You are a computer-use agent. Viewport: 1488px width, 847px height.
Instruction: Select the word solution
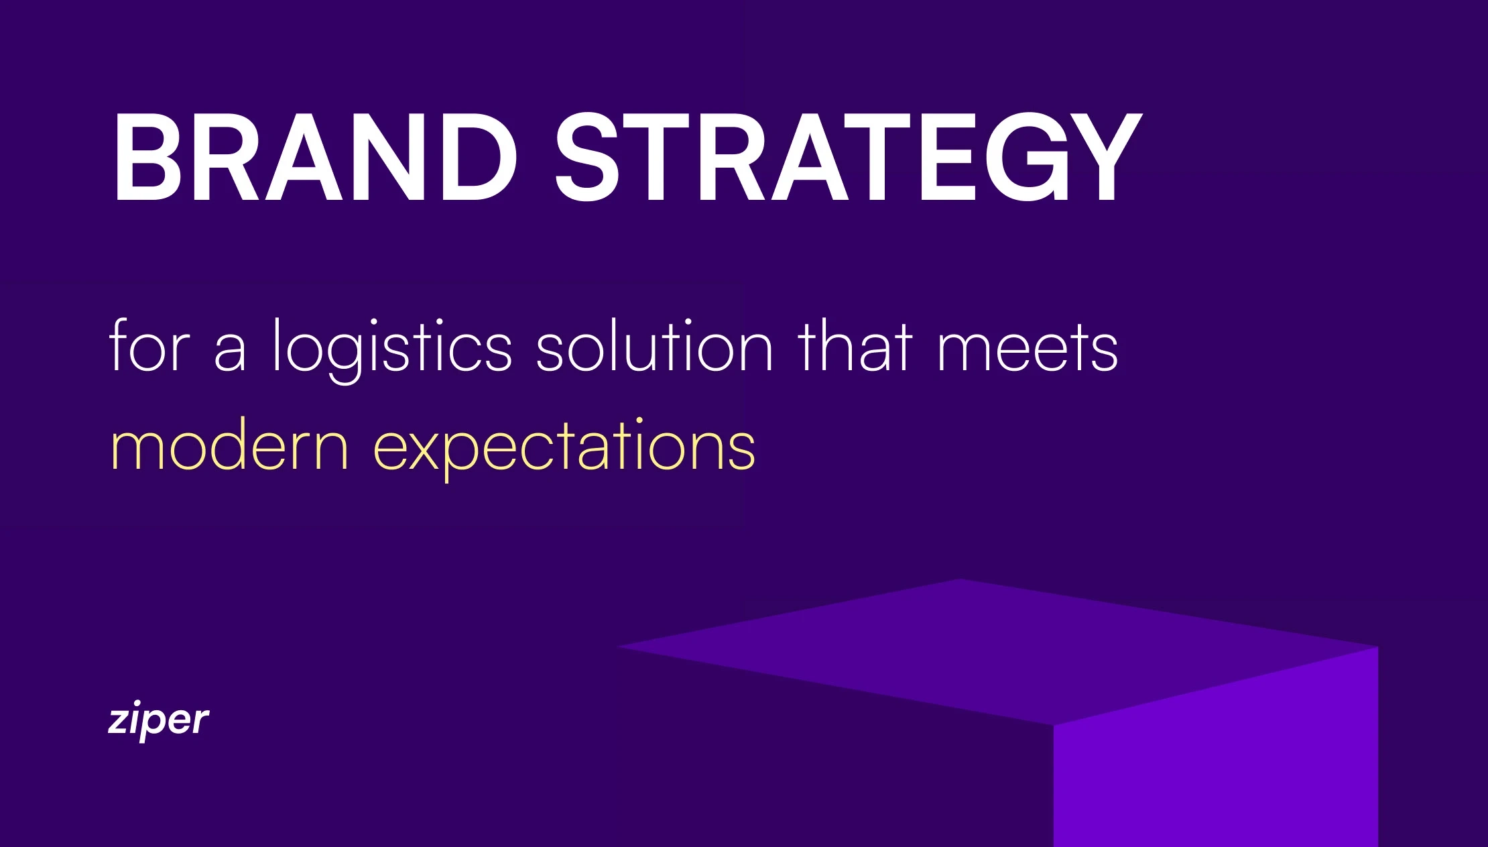click(x=655, y=345)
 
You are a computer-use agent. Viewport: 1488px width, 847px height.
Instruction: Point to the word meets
click(x=1028, y=349)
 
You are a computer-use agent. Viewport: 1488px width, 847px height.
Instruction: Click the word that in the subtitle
click(x=855, y=345)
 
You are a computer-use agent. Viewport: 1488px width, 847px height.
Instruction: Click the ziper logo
click(x=158, y=720)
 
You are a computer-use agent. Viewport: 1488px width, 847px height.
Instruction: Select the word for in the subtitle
click(x=149, y=345)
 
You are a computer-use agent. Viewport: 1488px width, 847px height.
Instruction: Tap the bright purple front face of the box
click(x=1216, y=751)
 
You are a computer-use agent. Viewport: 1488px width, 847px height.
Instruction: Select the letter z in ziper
click(x=119, y=722)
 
